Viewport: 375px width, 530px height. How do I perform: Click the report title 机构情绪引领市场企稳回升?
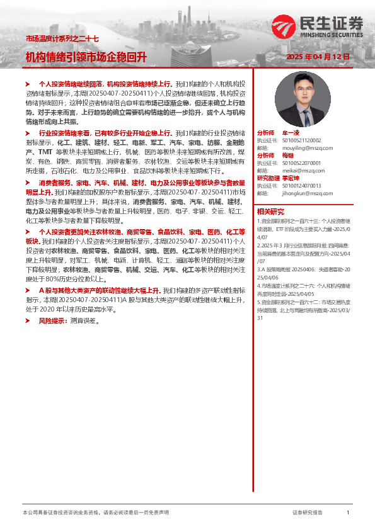click(86, 57)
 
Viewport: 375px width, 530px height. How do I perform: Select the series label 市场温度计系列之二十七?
click(62, 39)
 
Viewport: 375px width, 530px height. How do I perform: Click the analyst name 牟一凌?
click(291, 133)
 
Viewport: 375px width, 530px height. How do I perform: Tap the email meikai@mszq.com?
click(299, 170)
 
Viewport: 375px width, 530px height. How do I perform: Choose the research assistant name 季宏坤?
click(291, 178)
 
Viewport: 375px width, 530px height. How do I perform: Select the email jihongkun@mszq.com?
click(303, 193)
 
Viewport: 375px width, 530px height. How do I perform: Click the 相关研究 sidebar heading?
click(270, 211)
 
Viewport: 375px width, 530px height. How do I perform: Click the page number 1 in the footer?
click(347, 513)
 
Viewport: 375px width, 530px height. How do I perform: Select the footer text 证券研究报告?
click(308, 513)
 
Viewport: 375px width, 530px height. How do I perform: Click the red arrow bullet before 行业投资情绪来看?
click(28, 133)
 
